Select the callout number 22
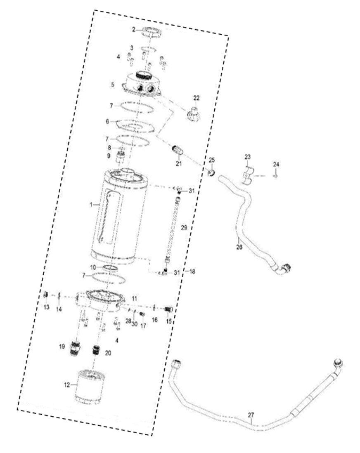pyautogui.click(x=197, y=97)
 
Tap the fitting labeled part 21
pyautogui.click(x=177, y=149)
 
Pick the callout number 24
pyautogui.click(x=276, y=164)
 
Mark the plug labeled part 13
pyautogui.click(x=46, y=295)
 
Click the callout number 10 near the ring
pyautogui.click(x=93, y=267)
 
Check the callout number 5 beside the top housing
pyautogui.click(x=112, y=85)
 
